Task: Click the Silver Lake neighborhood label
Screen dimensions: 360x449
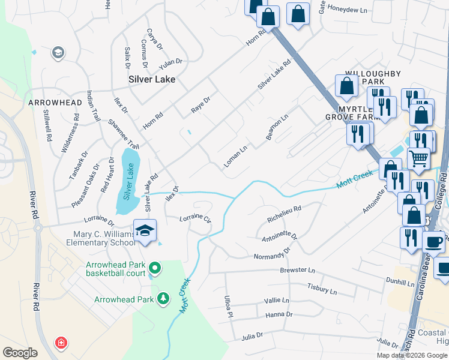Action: click(x=152, y=79)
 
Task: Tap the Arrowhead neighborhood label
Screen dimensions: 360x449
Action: click(x=55, y=103)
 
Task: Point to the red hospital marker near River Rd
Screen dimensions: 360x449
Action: click(x=61, y=343)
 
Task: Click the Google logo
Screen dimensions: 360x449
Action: click(x=20, y=352)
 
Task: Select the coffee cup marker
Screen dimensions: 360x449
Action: click(x=433, y=242)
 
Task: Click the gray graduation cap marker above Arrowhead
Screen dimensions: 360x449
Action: click(x=58, y=53)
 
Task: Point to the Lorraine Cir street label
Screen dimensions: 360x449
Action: click(x=196, y=219)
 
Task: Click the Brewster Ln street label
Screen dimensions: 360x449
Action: click(x=297, y=271)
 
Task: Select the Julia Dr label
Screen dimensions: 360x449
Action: click(x=253, y=337)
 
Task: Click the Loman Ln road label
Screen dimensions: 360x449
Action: click(x=236, y=157)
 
